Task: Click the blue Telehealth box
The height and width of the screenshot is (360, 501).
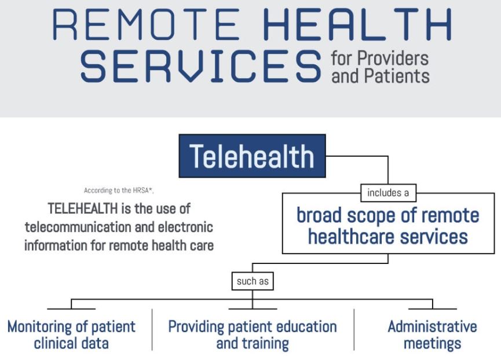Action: [x=252, y=156]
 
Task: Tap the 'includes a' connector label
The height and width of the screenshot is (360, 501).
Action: [x=388, y=193]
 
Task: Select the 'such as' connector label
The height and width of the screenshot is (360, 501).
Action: [x=253, y=281]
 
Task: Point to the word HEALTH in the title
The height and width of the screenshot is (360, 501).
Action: [x=357, y=24]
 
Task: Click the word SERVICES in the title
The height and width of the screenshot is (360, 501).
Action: [x=200, y=66]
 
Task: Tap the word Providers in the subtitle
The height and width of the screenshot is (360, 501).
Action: [x=393, y=58]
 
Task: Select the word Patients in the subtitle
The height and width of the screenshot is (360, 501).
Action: [x=397, y=76]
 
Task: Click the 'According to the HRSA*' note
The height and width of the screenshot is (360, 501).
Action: [x=119, y=190]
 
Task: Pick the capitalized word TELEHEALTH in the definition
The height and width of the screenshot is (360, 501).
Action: [x=83, y=209]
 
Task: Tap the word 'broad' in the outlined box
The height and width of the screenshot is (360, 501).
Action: [x=319, y=215]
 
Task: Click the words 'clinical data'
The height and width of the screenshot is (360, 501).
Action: [x=71, y=343]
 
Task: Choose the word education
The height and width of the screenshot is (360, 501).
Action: [x=306, y=327]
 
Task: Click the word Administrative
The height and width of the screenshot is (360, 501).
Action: [x=432, y=327]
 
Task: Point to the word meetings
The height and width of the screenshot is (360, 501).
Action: [x=432, y=344]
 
